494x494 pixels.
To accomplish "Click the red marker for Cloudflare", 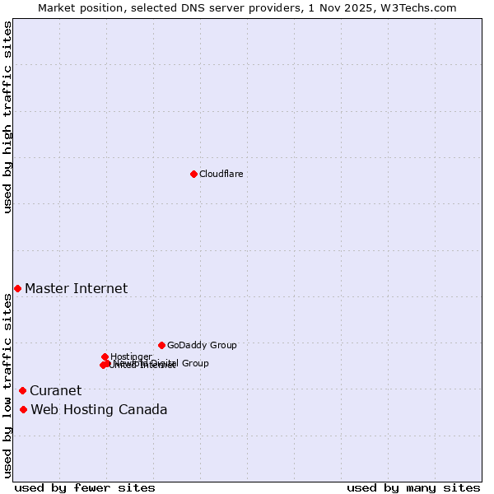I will tap(193, 174).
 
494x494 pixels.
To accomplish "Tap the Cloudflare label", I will tap(221, 174).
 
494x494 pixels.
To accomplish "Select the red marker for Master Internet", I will tap(17, 288).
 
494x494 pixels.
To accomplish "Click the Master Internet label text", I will tap(76, 288).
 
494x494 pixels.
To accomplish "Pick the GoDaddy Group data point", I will tap(161, 345).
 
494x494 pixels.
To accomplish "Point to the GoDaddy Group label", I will tap(202, 345).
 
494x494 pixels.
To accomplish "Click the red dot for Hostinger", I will tap(105, 357).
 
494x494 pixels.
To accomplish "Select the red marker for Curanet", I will tap(22, 390).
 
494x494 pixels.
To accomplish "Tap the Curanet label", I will tap(55, 390).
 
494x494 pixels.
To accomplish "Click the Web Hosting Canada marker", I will tap(23, 409).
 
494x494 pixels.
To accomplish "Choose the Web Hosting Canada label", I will tap(99, 409).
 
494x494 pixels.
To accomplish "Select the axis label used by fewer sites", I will tap(85, 487).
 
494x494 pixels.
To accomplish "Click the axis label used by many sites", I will tap(413, 487).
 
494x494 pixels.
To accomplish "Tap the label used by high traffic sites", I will tap(7, 118).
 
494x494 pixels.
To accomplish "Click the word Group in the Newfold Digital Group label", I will tap(194, 363).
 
